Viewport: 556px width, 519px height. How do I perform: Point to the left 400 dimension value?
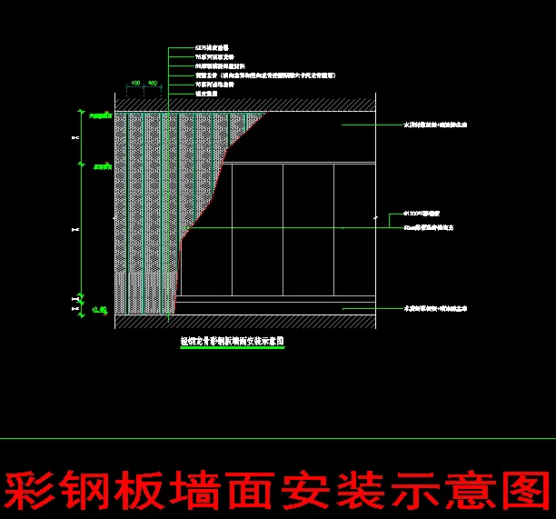[135, 84]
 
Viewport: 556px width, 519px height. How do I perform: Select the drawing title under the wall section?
[233, 342]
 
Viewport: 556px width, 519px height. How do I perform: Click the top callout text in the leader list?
[212, 47]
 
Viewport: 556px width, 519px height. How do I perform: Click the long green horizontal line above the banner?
[278, 439]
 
